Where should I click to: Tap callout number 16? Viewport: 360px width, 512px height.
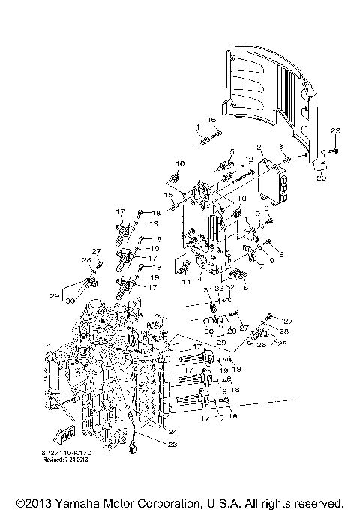coord(211,120)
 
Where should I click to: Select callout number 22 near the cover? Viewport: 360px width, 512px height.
coord(335,131)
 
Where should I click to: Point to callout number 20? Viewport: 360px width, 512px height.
coord(320,178)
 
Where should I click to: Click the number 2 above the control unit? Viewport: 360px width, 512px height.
coord(259,148)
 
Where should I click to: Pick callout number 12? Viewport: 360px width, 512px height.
coord(249,160)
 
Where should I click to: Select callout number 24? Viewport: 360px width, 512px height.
coord(174,431)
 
